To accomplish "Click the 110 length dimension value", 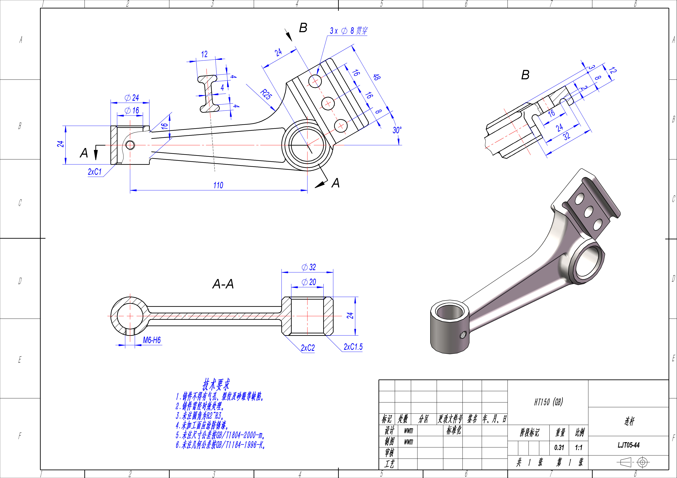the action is pos(218,185).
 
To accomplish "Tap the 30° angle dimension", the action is pos(397,130).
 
